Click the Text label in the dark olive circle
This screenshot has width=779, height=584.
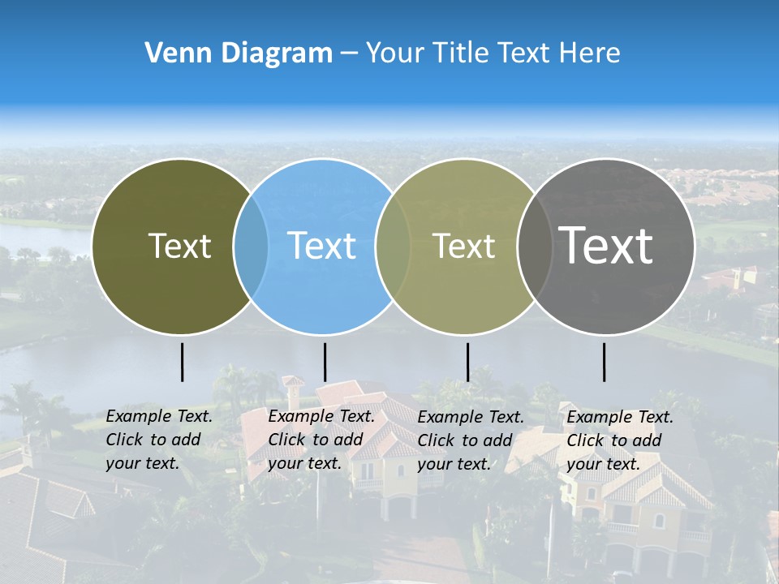(179, 246)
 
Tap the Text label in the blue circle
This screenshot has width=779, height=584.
(321, 246)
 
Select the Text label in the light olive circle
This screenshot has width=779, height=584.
(463, 246)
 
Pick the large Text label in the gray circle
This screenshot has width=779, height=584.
(606, 245)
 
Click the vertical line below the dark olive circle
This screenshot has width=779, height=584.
(183, 362)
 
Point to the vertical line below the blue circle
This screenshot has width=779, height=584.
(325, 362)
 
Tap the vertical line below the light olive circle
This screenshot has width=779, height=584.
(467, 362)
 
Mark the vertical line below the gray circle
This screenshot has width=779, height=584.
(605, 362)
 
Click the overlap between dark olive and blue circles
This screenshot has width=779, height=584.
(251, 246)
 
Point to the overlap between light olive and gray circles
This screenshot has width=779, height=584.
(535, 246)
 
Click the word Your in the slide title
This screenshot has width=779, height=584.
(395, 54)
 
